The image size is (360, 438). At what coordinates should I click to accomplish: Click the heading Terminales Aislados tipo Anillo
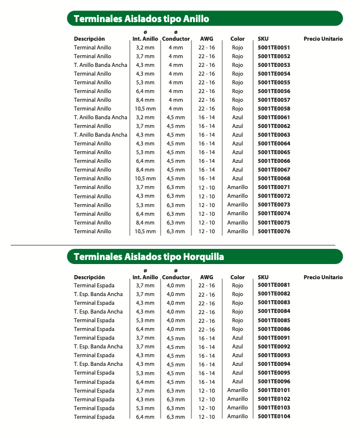point(141,19)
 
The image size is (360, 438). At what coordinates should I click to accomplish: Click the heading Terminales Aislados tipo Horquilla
point(148,257)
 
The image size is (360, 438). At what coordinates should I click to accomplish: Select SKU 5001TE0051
point(273,47)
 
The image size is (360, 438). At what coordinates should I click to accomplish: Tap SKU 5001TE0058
point(273,109)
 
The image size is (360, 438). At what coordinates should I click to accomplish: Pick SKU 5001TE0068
point(273,179)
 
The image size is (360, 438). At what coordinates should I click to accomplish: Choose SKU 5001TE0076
point(273,232)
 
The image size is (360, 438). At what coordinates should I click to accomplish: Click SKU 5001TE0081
point(273,285)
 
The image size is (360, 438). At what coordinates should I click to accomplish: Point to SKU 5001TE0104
point(273,416)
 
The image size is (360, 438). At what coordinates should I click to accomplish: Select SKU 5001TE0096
point(273,382)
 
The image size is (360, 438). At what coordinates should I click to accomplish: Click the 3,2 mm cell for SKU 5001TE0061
point(145,117)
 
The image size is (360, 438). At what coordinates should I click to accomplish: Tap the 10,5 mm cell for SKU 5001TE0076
point(145,232)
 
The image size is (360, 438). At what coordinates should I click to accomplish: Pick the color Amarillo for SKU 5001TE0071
point(237,187)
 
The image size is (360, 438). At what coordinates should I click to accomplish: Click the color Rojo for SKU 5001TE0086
point(237,329)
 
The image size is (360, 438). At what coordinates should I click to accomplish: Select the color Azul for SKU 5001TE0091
point(237,338)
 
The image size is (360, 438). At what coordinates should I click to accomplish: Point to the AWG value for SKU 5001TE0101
point(206,390)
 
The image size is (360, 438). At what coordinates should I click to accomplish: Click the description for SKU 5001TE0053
point(100,65)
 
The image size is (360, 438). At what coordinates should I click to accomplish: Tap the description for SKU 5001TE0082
point(98,294)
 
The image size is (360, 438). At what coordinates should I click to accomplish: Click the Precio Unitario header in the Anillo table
point(323,39)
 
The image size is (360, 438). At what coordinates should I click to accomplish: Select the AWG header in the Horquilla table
point(206,277)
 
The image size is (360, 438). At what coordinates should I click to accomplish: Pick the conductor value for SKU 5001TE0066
point(176,161)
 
